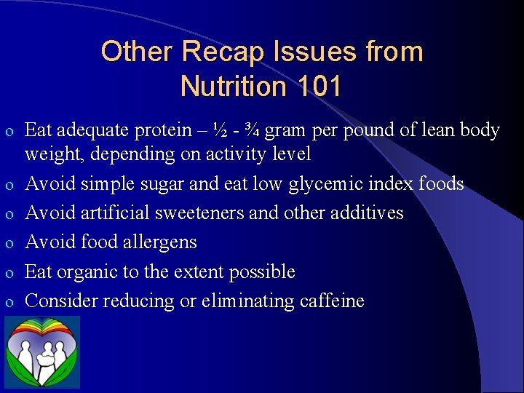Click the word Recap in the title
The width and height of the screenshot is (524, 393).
pyautogui.click(x=217, y=52)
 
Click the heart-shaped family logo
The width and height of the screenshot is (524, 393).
pyautogui.click(x=43, y=352)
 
